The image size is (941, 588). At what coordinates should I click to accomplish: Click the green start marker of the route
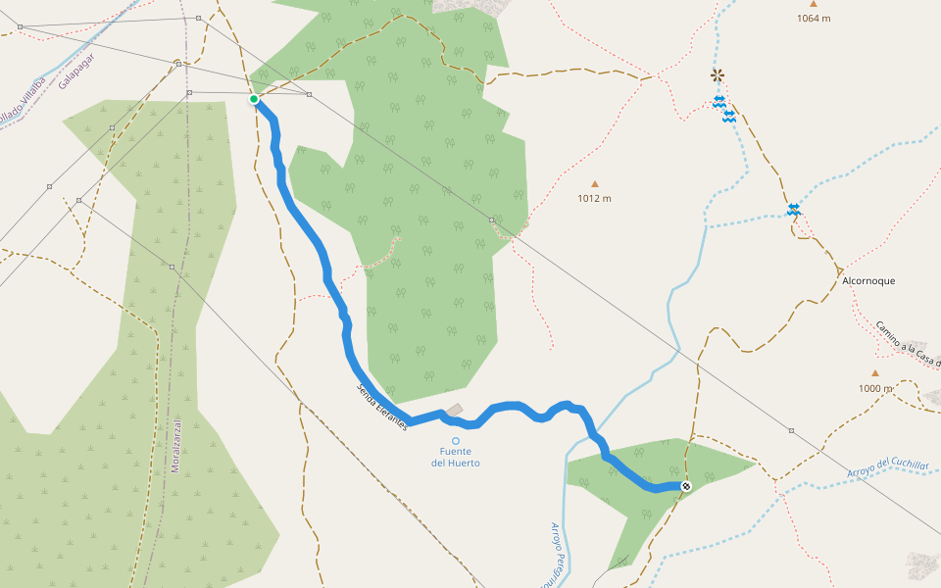point(254,99)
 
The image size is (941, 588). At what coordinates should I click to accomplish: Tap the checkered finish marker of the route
point(686,486)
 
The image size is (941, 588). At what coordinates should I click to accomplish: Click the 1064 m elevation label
point(814,19)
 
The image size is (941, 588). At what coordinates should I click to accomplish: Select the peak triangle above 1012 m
point(594,183)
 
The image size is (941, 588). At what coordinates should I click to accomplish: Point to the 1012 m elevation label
point(594,198)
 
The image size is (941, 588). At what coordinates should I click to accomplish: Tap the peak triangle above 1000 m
point(875,372)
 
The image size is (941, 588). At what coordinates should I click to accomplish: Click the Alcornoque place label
point(868,280)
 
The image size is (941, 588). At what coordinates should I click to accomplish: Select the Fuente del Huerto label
point(456,457)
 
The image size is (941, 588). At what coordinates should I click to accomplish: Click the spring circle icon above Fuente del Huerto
point(456,441)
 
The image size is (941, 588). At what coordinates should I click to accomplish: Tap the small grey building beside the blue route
point(454,410)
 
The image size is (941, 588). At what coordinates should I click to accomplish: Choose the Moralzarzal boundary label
point(176,446)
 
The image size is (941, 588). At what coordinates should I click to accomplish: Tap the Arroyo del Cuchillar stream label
point(888,467)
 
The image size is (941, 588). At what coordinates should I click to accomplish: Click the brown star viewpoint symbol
point(718,74)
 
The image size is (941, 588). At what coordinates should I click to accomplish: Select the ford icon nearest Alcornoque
point(793,209)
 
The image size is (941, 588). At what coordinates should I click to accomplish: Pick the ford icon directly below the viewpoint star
point(719,101)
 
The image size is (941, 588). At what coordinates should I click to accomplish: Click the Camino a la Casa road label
point(908,343)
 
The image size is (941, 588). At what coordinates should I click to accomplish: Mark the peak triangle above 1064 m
point(814,4)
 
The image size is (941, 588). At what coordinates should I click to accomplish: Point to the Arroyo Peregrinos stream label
point(560,549)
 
